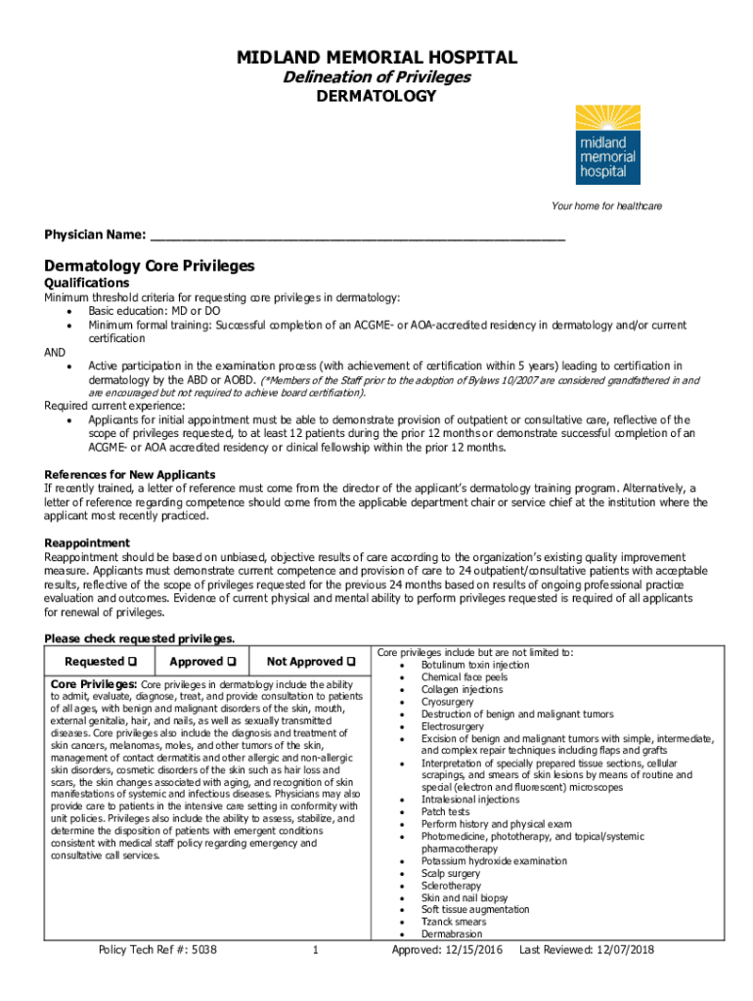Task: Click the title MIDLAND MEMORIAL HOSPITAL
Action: [x=376, y=59]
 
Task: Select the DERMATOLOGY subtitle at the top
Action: [x=376, y=96]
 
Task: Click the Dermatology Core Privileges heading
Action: [x=149, y=266]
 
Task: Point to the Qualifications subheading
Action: [x=87, y=283]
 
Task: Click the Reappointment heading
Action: [x=87, y=543]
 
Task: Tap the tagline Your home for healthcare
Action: [x=606, y=206]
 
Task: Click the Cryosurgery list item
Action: [x=447, y=702]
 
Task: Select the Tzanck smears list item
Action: [x=453, y=922]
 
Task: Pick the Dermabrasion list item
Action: [x=452, y=935]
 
